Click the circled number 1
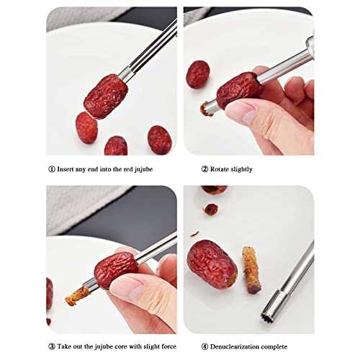pyautogui.click(x=51, y=169)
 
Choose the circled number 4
pyautogui.click(x=204, y=347)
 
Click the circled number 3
pyautogui.click(x=51, y=347)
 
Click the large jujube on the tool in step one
pyautogui.click(x=105, y=96)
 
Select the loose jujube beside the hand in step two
pyautogui.click(x=198, y=74)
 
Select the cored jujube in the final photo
pyautogui.click(x=212, y=264)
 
